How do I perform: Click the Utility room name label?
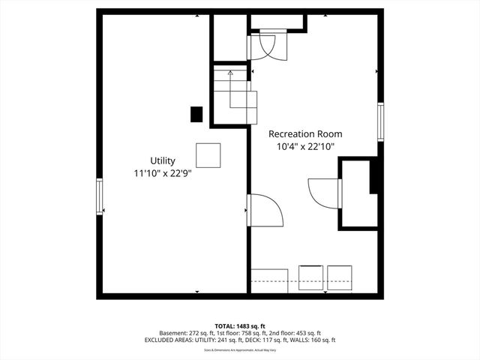(163, 160)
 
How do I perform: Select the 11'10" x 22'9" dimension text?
(163, 173)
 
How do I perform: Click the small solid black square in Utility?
(196, 114)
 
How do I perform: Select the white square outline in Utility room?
(208, 155)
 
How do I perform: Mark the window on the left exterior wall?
(99, 196)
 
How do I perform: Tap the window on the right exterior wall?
(381, 121)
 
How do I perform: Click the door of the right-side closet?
(325, 193)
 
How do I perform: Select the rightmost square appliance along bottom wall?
(340, 277)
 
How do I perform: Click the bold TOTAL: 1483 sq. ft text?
(240, 325)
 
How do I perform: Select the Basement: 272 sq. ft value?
(186, 333)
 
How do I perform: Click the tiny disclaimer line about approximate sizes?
(240, 349)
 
